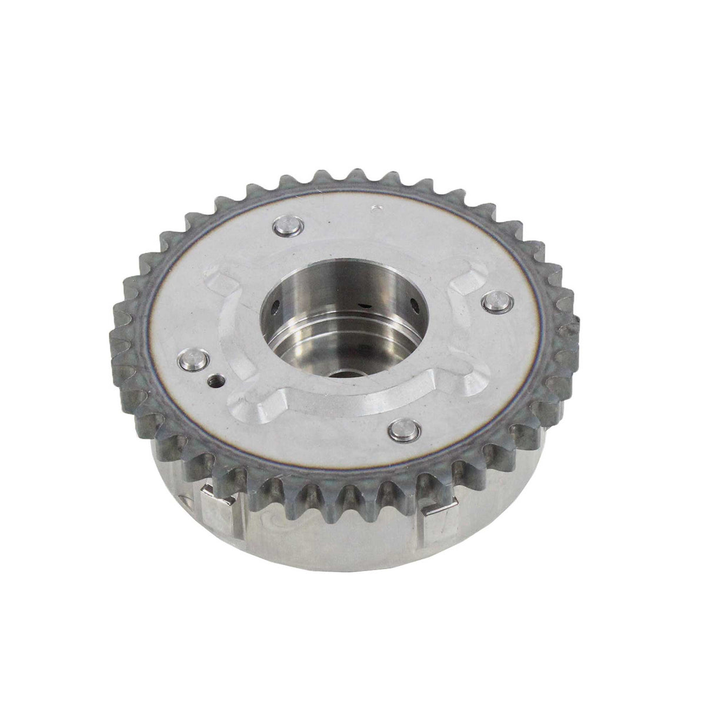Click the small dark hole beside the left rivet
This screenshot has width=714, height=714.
tap(217, 381)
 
